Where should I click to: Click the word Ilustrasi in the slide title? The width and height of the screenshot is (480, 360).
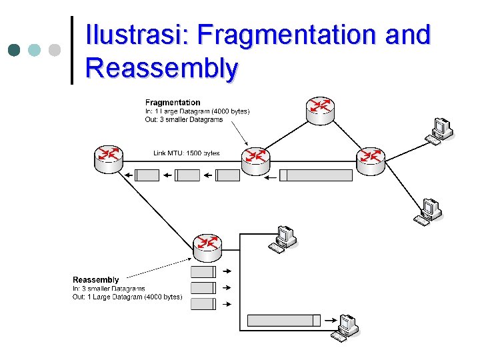[137, 35]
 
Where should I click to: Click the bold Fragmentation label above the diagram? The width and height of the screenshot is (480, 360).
[173, 103]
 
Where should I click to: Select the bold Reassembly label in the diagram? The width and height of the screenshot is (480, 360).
[96, 280]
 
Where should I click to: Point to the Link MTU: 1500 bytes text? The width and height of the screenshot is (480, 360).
[186, 153]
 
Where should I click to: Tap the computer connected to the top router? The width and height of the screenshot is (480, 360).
[440, 130]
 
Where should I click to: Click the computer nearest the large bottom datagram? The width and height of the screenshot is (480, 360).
[347, 327]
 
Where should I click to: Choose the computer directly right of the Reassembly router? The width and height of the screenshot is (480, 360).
[283, 239]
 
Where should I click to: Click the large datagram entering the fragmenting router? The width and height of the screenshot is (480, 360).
[316, 175]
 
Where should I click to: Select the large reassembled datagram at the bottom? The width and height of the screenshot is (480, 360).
[281, 321]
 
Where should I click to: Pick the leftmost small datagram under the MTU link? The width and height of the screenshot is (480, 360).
[147, 175]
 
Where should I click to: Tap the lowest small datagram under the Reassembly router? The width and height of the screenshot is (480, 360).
[203, 304]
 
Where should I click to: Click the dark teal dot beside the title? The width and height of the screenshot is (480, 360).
[13, 50]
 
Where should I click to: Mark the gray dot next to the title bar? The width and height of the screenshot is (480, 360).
[55, 50]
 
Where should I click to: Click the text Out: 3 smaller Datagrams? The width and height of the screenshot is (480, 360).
[184, 120]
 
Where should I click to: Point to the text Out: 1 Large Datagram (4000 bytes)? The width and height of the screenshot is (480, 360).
[127, 297]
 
